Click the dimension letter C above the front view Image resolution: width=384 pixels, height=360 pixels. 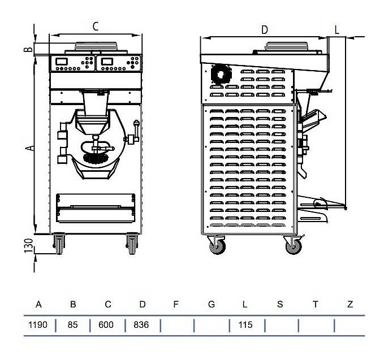[x=96, y=26]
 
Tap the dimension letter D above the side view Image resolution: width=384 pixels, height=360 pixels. [x=264, y=29]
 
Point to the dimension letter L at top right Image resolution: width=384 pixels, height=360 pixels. [x=336, y=30]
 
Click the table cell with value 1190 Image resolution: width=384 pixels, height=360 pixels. [x=39, y=325]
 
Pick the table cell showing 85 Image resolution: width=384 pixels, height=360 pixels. [x=73, y=325]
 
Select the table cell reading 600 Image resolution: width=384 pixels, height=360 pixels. [x=107, y=325]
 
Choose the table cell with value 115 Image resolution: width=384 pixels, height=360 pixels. [x=245, y=325]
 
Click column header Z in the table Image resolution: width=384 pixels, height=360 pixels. [x=350, y=305]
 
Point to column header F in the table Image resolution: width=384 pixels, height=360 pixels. [x=176, y=305]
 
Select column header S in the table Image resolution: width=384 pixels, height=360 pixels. [x=280, y=305]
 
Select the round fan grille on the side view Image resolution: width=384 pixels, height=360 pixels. [x=218, y=74]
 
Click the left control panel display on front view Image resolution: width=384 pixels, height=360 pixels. [x=63, y=61]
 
